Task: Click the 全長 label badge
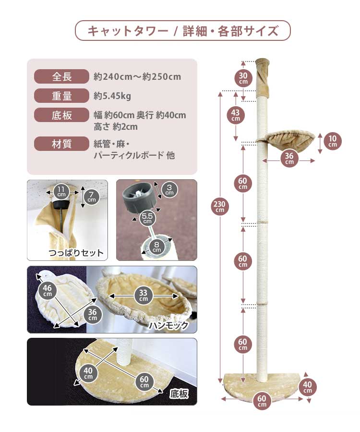click(61, 76)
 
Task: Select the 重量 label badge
click(61, 96)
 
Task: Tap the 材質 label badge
click(61, 144)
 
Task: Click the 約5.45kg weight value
click(112, 96)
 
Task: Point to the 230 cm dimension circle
click(220, 206)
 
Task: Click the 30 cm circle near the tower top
click(243, 78)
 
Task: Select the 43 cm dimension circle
click(236, 115)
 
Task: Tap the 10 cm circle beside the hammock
click(333, 141)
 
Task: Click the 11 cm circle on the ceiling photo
click(61, 191)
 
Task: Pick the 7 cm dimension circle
click(92, 197)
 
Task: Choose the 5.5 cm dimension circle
click(147, 218)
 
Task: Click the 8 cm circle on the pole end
click(156, 247)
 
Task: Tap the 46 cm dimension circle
click(48, 290)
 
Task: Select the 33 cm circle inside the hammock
click(144, 296)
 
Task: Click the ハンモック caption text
click(168, 325)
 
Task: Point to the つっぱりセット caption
click(76, 253)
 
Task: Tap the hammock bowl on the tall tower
click(286, 137)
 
